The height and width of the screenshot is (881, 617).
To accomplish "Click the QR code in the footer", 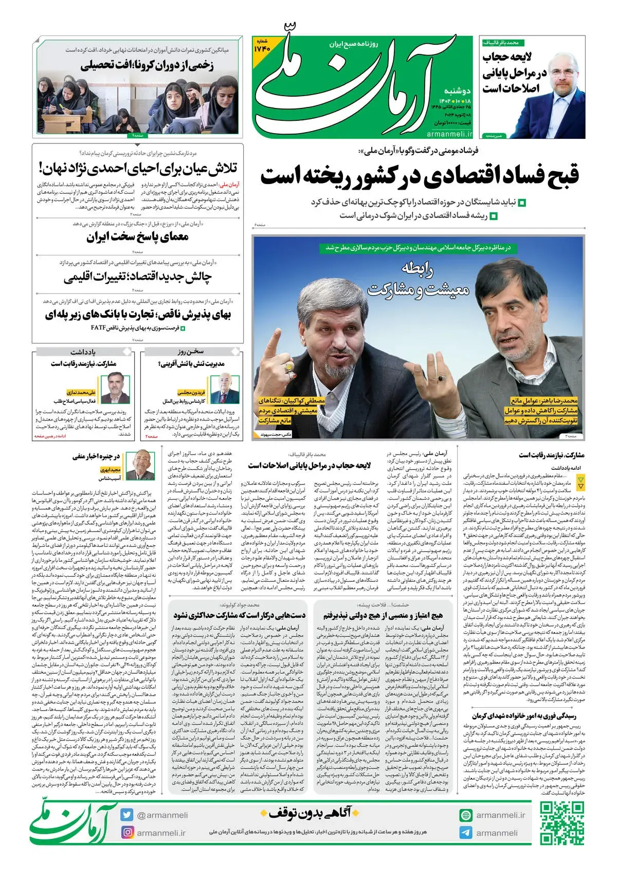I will [562, 823].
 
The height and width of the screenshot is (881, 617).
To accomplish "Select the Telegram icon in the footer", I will [466, 833].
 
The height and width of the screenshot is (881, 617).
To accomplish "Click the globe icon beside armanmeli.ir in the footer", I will [466, 815].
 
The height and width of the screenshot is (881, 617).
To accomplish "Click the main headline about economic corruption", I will [419, 175].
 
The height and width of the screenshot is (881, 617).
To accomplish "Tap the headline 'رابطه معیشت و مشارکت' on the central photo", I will [418, 280].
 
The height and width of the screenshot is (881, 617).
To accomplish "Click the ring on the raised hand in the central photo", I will [289, 366].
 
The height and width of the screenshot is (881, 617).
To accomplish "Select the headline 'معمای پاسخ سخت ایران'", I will [137, 237].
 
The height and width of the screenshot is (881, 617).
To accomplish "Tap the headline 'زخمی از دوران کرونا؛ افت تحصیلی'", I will [147, 65].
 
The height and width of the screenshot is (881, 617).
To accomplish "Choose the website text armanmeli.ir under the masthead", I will [449, 133].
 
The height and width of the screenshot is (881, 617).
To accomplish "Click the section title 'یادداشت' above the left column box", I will [83, 352].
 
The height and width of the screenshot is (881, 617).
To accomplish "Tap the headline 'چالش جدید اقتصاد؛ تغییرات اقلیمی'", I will [137, 278].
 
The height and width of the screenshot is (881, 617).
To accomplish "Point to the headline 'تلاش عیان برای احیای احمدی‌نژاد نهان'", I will [137, 168].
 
